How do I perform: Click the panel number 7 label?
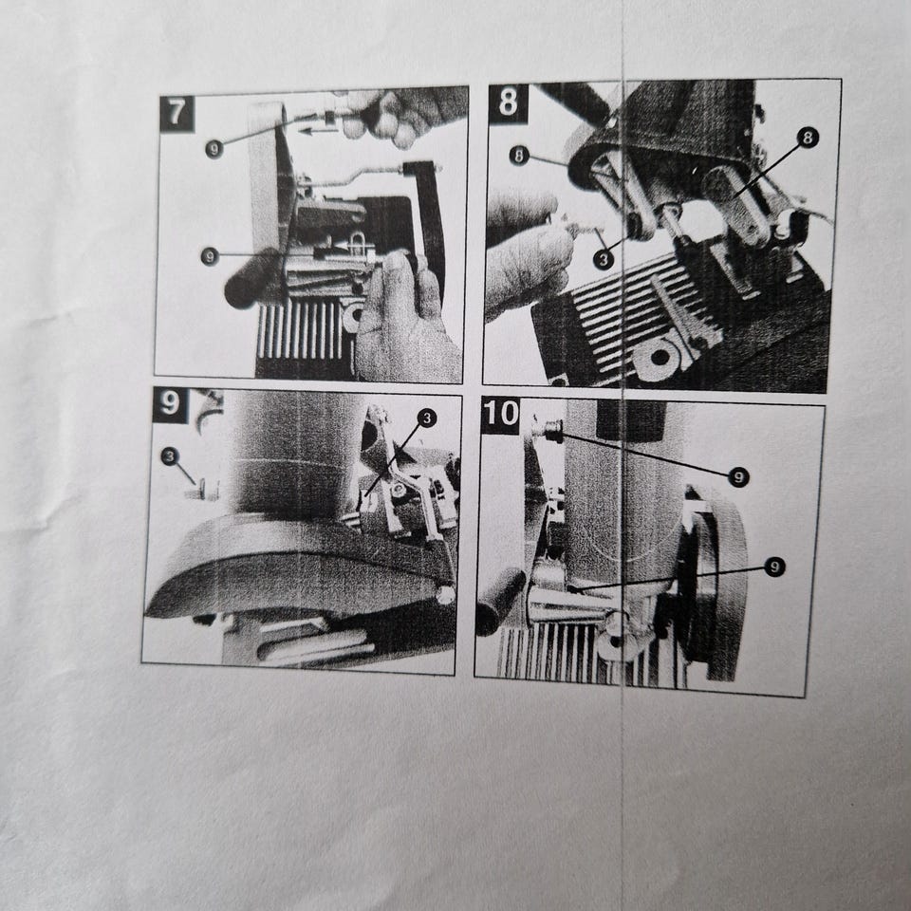(x=177, y=114)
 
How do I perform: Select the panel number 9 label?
(x=170, y=404)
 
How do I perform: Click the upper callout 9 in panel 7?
(x=214, y=149)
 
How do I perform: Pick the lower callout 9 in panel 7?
(x=210, y=256)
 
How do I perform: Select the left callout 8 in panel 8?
(x=519, y=156)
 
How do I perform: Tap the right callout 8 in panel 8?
(x=809, y=138)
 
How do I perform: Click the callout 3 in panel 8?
(x=604, y=259)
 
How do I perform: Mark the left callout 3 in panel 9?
(x=170, y=456)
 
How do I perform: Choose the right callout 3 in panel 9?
(x=427, y=418)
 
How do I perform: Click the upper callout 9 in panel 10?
(x=738, y=477)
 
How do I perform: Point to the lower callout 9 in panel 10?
(x=774, y=567)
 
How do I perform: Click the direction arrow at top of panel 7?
(x=322, y=131)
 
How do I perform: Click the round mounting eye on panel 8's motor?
(x=660, y=356)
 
